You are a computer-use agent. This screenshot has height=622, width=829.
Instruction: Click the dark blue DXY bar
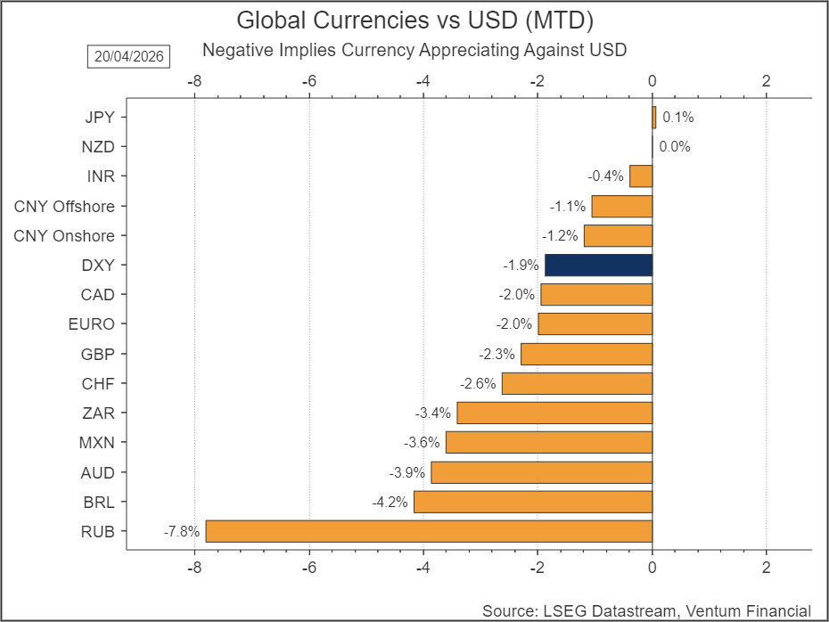[598, 265]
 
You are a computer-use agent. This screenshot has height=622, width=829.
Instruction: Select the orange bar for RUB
[429, 531]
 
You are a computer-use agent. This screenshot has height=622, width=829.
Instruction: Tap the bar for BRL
[532, 502]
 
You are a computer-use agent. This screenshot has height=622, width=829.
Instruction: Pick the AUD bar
[541, 472]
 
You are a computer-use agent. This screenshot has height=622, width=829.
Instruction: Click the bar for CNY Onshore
[618, 235]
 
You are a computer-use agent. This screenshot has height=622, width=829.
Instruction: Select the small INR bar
[641, 176]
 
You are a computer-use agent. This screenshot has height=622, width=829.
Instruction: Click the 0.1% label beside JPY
[677, 117]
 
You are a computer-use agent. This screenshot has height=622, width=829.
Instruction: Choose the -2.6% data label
[477, 384]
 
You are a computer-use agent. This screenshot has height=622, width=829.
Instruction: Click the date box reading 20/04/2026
[127, 56]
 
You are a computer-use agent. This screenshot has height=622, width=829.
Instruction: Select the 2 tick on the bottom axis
[766, 568]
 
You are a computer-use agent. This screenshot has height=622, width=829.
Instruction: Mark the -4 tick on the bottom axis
[423, 568]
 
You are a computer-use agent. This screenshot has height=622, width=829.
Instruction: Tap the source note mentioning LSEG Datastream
[646, 610]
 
